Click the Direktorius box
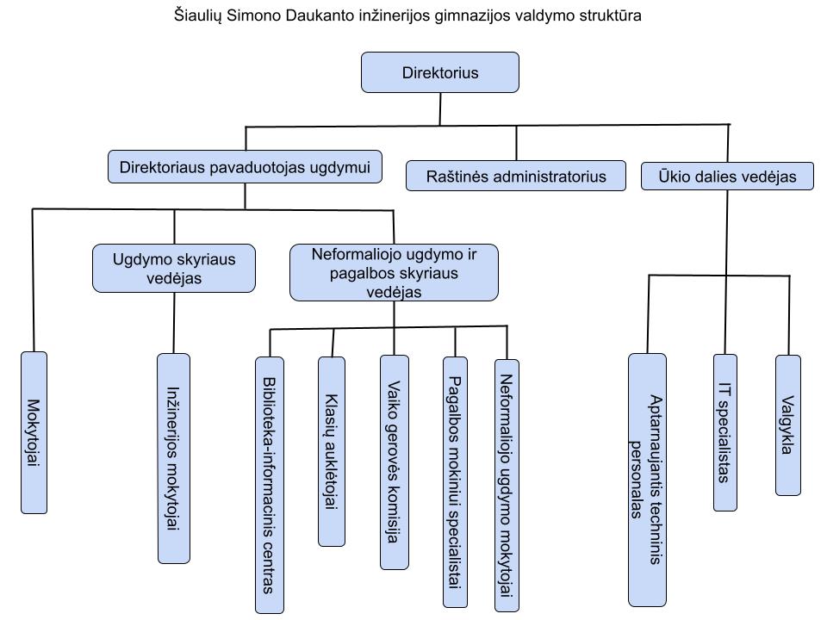pyautogui.click(x=439, y=72)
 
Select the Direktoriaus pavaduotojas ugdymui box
pyautogui.click(x=246, y=168)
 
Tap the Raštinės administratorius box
pyautogui.click(x=516, y=177)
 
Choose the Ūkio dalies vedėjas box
pyautogui.click(x=727, y=177)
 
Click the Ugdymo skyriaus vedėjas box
pyautogui.click(x=174, y=268)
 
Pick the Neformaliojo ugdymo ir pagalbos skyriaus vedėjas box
pyautogui.click(x=394, y=272)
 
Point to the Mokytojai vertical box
pyautogui.click(x=34, y=432)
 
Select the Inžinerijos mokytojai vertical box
pyautogui.click(x=173, y=458)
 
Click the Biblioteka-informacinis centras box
pyautogui.click(x=269, y=485)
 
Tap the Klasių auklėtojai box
pyautogui.click(x=332, y=451)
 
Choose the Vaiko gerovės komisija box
pyautogui.click(x=394, y=462)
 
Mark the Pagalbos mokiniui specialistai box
pyautogui.click(x=455, y=482)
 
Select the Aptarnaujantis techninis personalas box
pyautogui.click(x=647, y=479)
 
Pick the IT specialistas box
pyautogui.click(x=725, y=432)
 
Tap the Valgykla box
pyautogui.click(x=788, y=425)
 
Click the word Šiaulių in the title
pyautogui.click(x=196, y=15)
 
